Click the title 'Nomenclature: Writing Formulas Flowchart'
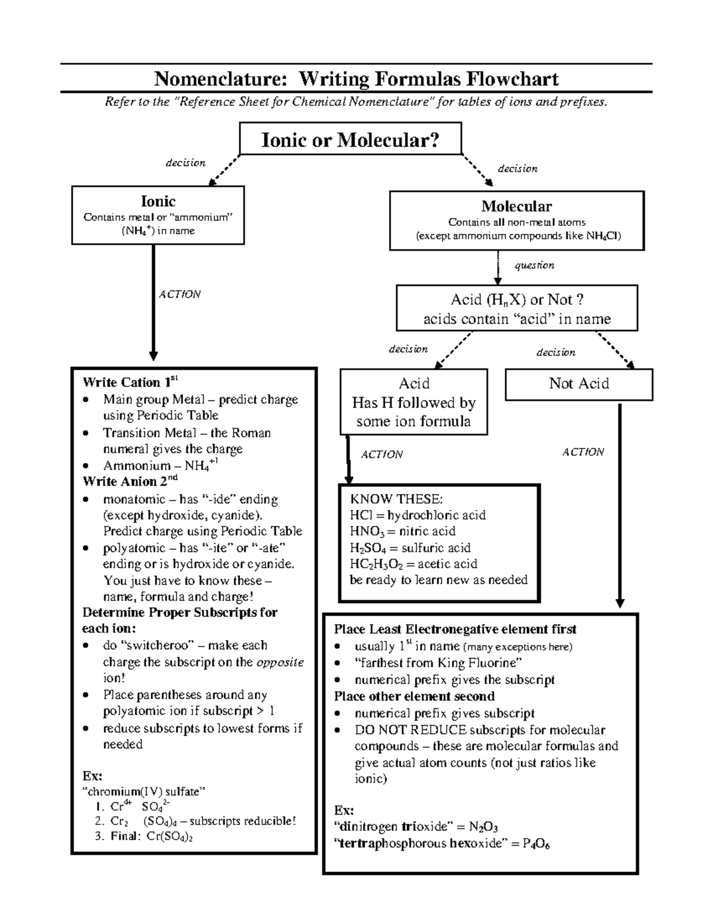coord(356,79)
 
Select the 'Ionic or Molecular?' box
coord(350,140)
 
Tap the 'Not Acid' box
coord(579,384)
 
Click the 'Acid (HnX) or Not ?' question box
coord(516,308)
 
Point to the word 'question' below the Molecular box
coord(534,265)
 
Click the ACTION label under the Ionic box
coord(179,294)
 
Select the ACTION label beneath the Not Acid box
coord(583,452)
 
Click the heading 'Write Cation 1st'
coord(130,382)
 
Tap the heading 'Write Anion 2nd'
coord(130,481)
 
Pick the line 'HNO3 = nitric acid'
coord(403,531)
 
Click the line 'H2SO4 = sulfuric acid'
coord(410,548)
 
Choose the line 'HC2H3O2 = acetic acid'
coord(414,564)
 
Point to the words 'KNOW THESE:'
coord(396,499)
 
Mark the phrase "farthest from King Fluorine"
coord(438,663)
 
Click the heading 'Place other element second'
coord(414,696)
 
